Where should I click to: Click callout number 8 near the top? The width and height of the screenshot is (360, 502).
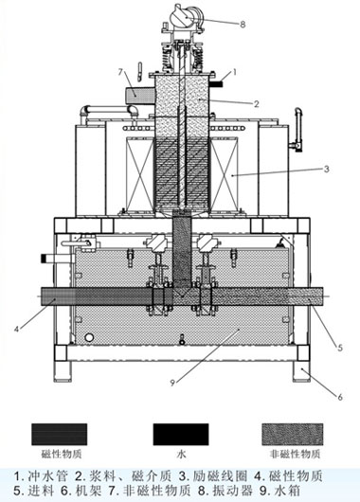(243, 25)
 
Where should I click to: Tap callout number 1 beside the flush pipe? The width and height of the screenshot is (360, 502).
(234, 72)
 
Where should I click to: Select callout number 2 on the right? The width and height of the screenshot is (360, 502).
(256, 104)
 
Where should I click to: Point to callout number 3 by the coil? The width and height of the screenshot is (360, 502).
(327, 169)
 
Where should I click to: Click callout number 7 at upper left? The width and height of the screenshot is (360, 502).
(120, 72)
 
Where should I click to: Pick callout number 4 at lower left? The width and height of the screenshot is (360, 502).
(16, 329)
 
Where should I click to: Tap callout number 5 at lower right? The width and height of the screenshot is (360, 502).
(340, 347)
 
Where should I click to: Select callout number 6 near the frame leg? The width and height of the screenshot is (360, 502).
(340, 397)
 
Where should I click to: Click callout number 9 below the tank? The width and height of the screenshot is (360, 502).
(172, 383)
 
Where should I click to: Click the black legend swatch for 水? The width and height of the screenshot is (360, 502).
(181, 435)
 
